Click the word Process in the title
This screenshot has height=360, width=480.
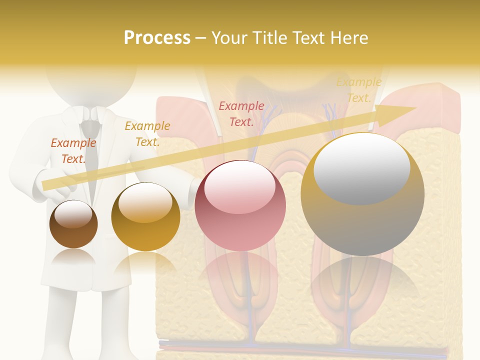[157, 38]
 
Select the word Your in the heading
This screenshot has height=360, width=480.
[228, 38]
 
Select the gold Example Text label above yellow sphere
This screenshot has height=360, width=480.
[147, 134]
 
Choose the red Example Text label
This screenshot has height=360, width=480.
[241, 114]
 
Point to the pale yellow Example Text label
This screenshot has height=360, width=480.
[358, 90]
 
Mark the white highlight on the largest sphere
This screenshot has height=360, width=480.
[361, 167]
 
